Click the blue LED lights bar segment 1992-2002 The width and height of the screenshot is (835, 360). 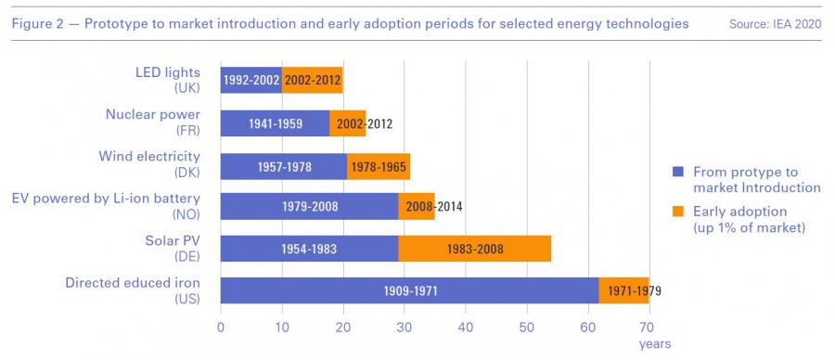(x=251, y=81)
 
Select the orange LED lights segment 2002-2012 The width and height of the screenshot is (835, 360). (x=312, y=81)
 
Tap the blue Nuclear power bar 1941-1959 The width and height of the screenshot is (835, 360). (x=275, y=123)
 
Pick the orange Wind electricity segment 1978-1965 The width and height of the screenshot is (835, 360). (x=379, y=167)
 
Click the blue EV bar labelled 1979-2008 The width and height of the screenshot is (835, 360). (x=309, y=207)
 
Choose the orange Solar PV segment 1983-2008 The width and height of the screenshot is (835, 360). (x=474, y=248)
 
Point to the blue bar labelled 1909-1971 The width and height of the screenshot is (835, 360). (x=409, y=290)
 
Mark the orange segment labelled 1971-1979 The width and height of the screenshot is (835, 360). (x=623, y=290)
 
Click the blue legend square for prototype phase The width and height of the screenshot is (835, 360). (x=677, y=172)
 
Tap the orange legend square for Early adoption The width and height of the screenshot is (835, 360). (x=677, y=212)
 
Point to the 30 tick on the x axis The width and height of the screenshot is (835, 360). (x=405, y=326)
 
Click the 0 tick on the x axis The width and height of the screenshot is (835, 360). (x=221, y=326)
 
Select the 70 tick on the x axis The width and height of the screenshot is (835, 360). (x=649, y=326)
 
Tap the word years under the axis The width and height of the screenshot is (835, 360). (x=655, y=344)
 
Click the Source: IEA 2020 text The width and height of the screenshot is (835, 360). (x=775, y=24)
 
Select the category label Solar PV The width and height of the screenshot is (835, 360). (x=173, y=240)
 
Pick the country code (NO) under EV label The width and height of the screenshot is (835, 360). (x=186, y=214)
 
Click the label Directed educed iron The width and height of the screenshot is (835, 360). (x=133, y=283)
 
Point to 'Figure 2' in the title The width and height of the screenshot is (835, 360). (x=37, y=24)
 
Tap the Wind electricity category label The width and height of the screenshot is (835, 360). (x=149, y=157)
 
